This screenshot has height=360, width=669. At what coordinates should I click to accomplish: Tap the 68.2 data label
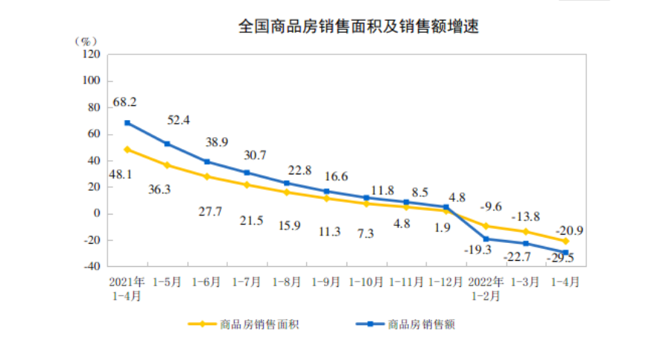(124, 101)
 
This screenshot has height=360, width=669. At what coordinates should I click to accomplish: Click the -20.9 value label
(568, 230)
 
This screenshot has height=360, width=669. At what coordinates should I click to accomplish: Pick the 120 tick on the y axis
(92, 54)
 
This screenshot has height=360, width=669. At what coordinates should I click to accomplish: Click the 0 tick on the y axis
(97, 214)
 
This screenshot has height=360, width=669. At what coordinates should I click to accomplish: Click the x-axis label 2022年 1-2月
(486, 288)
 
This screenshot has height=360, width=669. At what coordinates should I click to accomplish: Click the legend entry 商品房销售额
(422, 324)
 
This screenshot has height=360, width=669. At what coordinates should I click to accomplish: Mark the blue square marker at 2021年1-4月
(127, 122)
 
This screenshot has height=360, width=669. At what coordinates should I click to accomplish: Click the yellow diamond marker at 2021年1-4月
(127, 149)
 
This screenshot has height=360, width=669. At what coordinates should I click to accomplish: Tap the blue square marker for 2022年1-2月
(486, 239)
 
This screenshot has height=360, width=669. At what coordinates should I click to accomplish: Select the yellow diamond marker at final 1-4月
(565, 241)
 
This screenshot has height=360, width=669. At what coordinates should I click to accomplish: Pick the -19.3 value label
(478, 250)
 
